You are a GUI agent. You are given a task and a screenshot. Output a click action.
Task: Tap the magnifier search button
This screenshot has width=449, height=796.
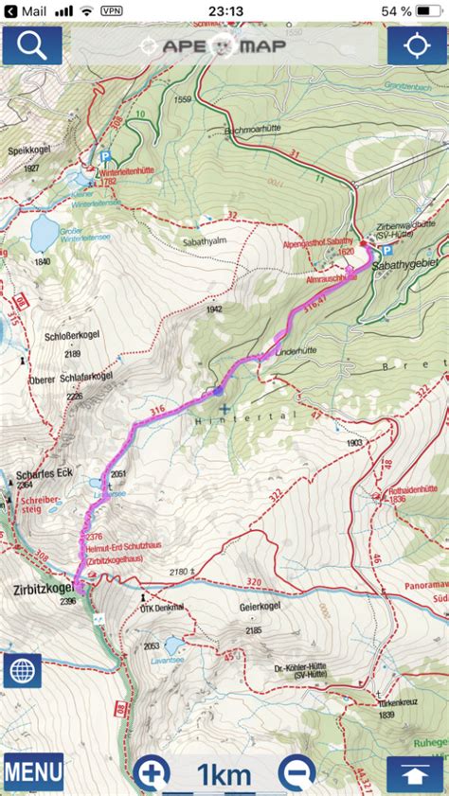pos(31,44)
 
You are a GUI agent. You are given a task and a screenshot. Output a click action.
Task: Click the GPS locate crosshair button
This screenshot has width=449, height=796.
pos(417,44)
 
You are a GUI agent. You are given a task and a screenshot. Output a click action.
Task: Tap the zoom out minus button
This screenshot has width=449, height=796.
pos(296,773)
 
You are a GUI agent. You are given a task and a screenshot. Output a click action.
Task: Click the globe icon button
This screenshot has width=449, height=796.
pos(22,670)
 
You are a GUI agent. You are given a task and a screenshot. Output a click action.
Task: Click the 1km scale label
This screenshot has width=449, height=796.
pos(224,775)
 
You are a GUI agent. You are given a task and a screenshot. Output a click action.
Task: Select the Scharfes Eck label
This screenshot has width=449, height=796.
pos(39,473)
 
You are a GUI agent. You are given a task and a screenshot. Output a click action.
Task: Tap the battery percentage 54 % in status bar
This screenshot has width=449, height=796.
pos(396,10)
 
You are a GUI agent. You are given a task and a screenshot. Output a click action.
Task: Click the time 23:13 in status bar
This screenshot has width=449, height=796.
pos(224,10)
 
